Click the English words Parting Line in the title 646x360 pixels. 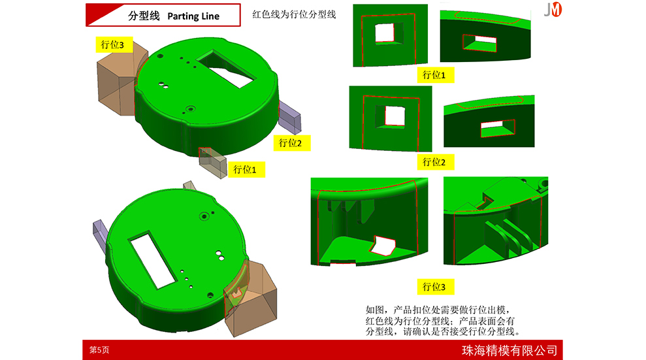(193, 16)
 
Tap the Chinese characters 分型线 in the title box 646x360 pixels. (144, 16)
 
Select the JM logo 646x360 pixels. (553, 9)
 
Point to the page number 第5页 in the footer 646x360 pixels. (99, 350)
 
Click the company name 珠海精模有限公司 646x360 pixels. (509, 350)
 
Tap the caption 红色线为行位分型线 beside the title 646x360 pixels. (294, 14)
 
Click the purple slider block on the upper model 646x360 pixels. (290, 118)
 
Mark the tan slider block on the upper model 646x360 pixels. (120, 78)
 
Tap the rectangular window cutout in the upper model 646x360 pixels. (226, 69)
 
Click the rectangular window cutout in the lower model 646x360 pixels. (152, 259)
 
